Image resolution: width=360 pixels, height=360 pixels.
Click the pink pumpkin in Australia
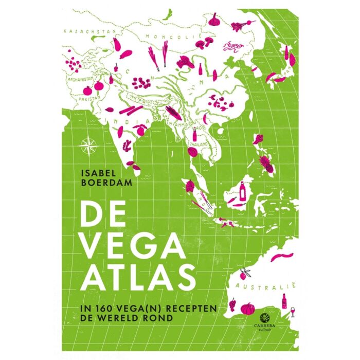tap(248, 309)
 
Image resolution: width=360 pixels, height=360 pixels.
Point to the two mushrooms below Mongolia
tap(206, 41)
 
